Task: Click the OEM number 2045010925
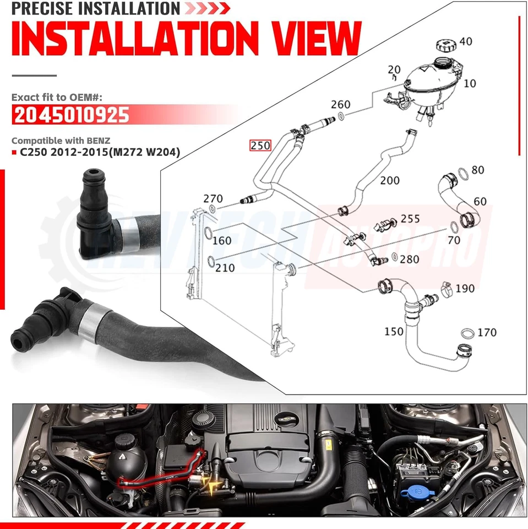pyautogui.click(x=70, y=116)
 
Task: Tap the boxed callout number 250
pyautogui.click(x=260, y=146)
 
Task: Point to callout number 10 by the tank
pyautogui.click(x=470, y=83)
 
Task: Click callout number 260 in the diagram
pyautogui.click(x=341, y=105)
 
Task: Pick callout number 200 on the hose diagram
pyautogui.click(x=390, y=180)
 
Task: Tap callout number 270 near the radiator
pyautogui.click(x=213, y=198)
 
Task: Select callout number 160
pyautogui.click(x=222, y=240)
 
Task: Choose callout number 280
pyautogui.click(x=410, y=259)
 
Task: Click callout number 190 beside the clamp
pyautogui.click(x=465, y=289)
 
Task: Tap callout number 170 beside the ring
pyautogui.click(x=487, y=332)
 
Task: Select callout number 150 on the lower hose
pyautogui.click(x=394, y=332)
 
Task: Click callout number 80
pyautogui.click(x=477, y=170)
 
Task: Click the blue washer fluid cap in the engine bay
pyautogui.click(x=417, y=490)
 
